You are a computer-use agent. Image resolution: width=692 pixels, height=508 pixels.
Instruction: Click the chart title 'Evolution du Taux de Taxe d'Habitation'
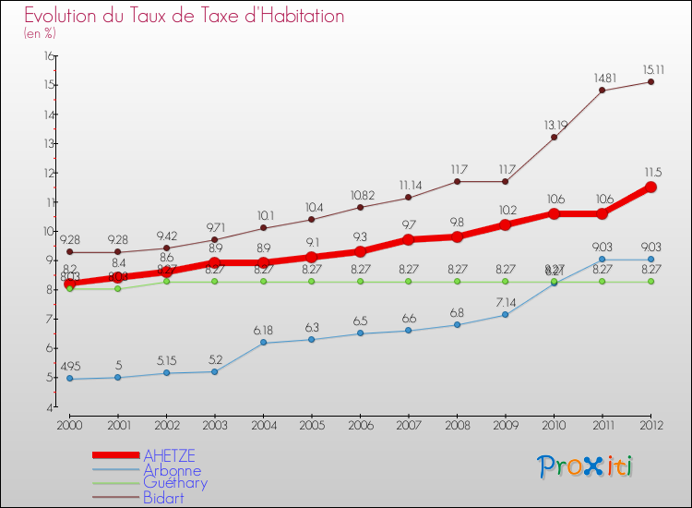185,17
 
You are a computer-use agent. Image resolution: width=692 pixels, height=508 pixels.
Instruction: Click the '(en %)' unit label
40,33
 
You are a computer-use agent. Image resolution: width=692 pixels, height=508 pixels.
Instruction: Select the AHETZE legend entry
169,455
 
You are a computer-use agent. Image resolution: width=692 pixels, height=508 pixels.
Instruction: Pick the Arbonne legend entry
172,470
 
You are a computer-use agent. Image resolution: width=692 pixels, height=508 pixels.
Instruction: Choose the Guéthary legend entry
175,483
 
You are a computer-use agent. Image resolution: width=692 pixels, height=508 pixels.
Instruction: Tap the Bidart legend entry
162,498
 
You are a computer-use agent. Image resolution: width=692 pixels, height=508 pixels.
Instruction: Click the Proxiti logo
585,466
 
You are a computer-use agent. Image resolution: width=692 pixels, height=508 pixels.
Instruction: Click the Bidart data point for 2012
650,81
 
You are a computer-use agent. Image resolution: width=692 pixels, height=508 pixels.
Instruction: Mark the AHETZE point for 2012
650,187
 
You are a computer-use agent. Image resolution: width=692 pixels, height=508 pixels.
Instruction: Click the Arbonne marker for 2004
263,343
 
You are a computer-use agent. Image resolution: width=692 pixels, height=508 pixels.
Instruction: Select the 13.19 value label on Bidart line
554,124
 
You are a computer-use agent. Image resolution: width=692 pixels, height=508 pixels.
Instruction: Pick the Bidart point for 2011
602,90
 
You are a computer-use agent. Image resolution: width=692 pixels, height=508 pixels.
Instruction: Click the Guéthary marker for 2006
360,281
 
